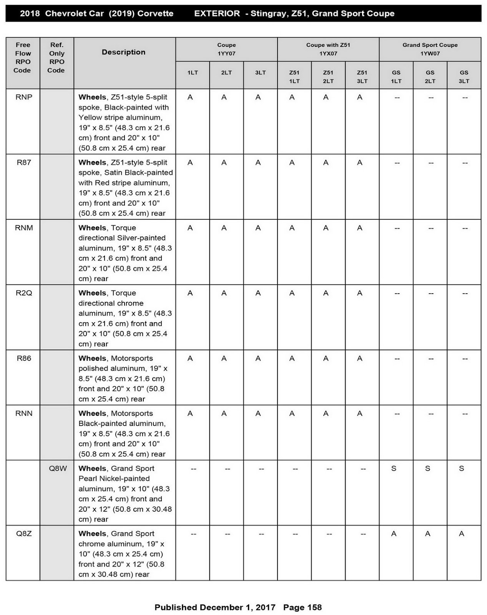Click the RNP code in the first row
pyautogui.click(x=24, y=97)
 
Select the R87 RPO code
pyautogui.click(x=24, y=163)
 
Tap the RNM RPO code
pyautogui.click(x=24, y=228)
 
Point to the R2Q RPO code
pyautogui.click(x=24, y=293)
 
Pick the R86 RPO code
pyautogui.click(x=24, y=358)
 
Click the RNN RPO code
pyautogui.click(x=24, y=414)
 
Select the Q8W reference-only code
pyautogui.click(x=58, y=469)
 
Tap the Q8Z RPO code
pyautogui.click(x=24, y=534)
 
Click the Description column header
pyautogui.click(x=123, y=52)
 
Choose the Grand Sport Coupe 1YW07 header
pyautogui.click(x=430, y=49)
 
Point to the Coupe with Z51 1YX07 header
pyautogui.click(x=328, y=49)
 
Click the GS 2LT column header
pyautogui.click(x=430, y=76)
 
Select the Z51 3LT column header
pyautogui.click(x=362, y=76)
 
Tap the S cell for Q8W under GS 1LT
pyautogui.click(x=394, y=469)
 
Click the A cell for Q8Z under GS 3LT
pyautogui.click(x=461, y=534)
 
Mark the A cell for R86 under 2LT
pyautogui.click(x=224, y=358)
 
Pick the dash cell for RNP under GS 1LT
pyautogui.click(x=397, y=98)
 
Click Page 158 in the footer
pyautogui.click(x=302, y=607)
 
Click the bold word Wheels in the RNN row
pyautogui.click(x=92, y=414)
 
